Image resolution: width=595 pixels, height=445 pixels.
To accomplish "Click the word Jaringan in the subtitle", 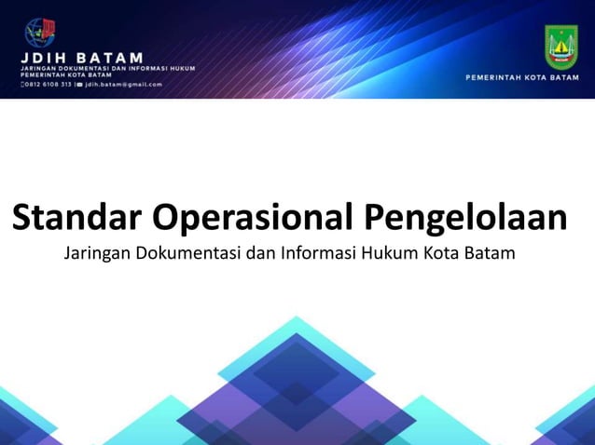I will pyautogui.click(x=97, y=253).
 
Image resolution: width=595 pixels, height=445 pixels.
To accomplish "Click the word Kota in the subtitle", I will pyautogui.click(x=437, y=253).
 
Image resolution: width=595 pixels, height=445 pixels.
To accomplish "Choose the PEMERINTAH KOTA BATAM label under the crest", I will pyautogui.click(x=522, y=77).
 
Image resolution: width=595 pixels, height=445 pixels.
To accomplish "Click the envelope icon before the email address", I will pyautogui.click(x=79, y=84).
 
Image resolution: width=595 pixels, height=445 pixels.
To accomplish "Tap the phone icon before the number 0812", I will pyautogui.click(x=21, y=84).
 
